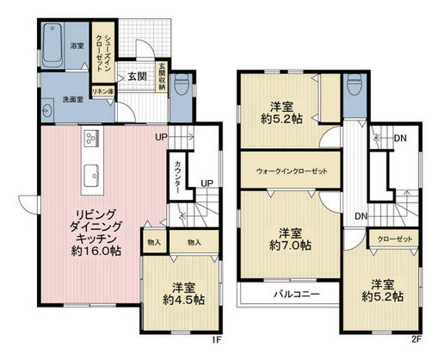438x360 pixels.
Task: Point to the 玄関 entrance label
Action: (x=136, y=77)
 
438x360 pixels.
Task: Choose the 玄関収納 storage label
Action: (x=161, y=78)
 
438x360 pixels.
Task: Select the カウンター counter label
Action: (x=178, y=176)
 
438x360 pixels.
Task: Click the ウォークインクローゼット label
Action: (x=292, y=171)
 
